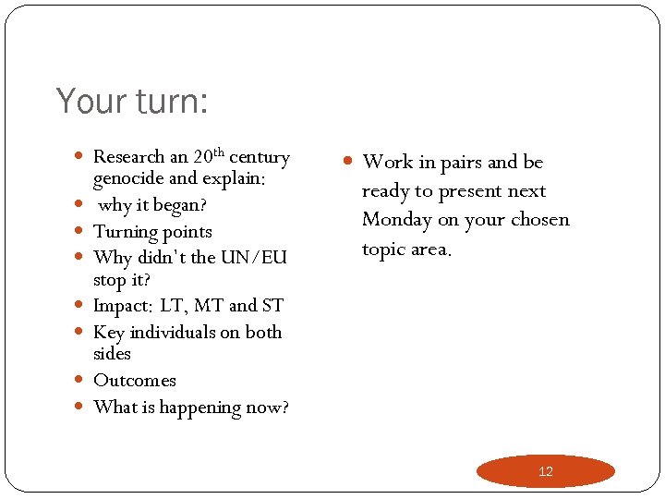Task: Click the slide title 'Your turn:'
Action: point(132,101)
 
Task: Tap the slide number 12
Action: point(545,471)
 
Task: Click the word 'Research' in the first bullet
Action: point(129,157)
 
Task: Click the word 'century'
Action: point(260,157)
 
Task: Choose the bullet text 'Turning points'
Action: point(152,232)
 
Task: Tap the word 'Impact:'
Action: point(124,306)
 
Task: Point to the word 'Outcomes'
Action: point(135,381)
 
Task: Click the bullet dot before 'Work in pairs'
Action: point(348,162)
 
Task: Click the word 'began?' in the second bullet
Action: point(183,205)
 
